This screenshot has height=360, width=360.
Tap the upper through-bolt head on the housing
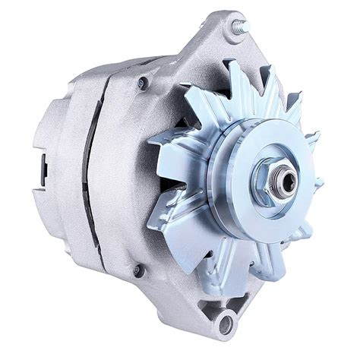tap(142, 84)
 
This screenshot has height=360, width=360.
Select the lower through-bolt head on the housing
tap(138, 269)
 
